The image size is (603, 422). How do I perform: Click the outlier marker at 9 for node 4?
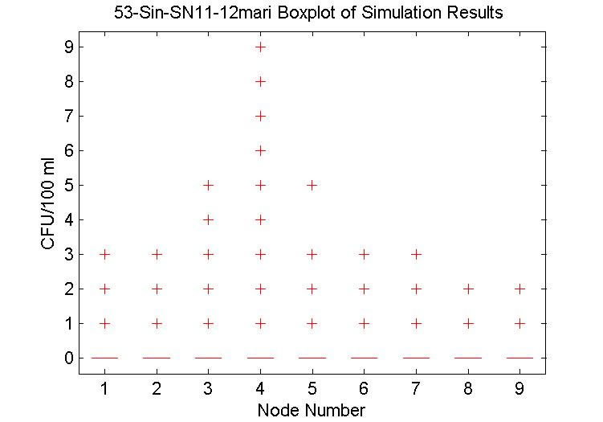pyautogui.click(x=260, y=47)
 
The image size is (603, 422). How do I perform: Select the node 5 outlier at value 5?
pyautogui.click(x=312, y=185)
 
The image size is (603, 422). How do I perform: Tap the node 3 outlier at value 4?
pyautogui.click(x=208, y=219)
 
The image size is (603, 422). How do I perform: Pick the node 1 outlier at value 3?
pyautogui.click(x=104, y=254)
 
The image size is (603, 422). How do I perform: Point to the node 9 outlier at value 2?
pyautogui.click(x=520, y=289)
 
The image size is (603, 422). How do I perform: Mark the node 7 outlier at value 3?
pyautogui.click(x=416, y=254)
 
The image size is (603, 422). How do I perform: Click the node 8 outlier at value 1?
pyautogui.click(x=468, y=323)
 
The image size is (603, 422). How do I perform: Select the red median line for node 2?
pyautogui.click(x=156, y=358)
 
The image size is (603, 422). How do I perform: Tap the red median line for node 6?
pyautogui.click(x=364, y=358)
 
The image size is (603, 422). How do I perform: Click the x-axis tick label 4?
pyautogui.click(x=260, y=389)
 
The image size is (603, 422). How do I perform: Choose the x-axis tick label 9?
pyautogui.click(x=520, y=389)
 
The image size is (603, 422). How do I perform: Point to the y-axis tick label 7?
pyautogui.click(x=69, y=116)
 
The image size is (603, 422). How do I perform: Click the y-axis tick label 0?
pyautogui.click(x=69, y=358)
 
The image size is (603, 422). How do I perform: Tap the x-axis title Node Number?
pyautogui.click(x=312, y=410)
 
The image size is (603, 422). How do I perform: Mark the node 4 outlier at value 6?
pyautogui.click(x=260, y=150)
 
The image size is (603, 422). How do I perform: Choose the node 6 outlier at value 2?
pyautogui.click(x=364, y=289)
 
